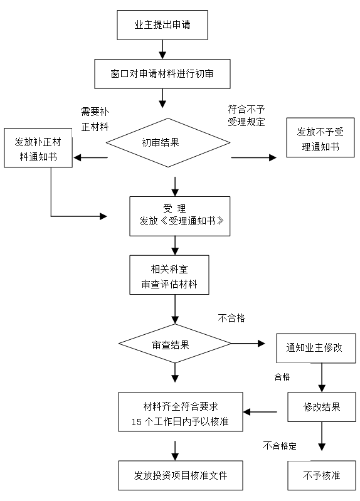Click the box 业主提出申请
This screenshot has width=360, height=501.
coord(162,25)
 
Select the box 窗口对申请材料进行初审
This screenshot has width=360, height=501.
coord(162,74)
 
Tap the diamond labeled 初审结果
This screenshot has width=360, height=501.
coord(168,142)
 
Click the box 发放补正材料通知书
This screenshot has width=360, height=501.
coord(38,148)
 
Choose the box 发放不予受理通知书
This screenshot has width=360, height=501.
coord(320,137)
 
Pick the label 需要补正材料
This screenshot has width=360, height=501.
coord(95,119)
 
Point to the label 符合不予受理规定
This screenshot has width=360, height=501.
coord(246,115)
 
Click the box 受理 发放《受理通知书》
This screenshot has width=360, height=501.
coord(179,216)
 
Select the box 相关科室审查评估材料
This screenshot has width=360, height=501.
coord(169,275)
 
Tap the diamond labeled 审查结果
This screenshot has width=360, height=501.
coord(175,344)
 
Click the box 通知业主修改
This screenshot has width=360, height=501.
coord(316,348)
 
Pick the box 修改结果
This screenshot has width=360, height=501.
coord(322,407)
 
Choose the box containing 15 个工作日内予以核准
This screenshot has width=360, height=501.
coord(181,412)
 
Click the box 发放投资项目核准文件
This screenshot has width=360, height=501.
coord(181,475)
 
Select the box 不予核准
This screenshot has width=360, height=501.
coord(322,475)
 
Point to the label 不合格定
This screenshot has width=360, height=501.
coord(280,445)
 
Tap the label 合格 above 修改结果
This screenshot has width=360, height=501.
coord(282,377)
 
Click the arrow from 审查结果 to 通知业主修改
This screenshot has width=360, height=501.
coord(248,344)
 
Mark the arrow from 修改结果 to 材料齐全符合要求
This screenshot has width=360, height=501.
coord(260,412)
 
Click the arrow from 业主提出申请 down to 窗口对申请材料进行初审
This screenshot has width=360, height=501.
coord(162,50)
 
